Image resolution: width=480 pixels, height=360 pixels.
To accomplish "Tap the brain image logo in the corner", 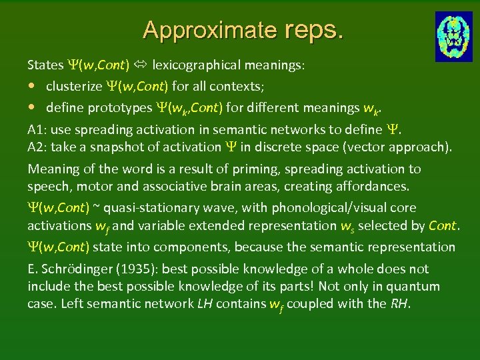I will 454,36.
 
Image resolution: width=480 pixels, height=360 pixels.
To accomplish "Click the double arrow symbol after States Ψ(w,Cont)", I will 141,65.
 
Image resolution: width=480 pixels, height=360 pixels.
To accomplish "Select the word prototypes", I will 114,108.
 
